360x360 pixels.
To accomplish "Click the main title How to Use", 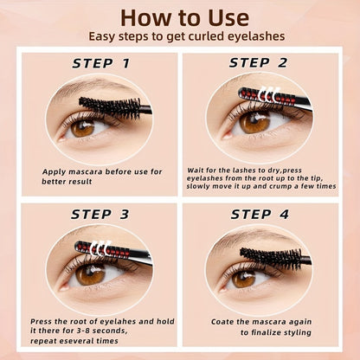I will click(180, 16).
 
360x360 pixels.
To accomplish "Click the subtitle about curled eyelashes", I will click(180, 37).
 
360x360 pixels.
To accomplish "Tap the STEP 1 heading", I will click(101, 63).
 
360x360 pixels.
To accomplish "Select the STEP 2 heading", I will click(259, 63).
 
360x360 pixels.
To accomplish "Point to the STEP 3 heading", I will click(101, 214).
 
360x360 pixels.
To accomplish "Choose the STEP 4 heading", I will click(259, 214).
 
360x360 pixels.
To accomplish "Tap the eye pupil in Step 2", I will click(255, 122).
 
